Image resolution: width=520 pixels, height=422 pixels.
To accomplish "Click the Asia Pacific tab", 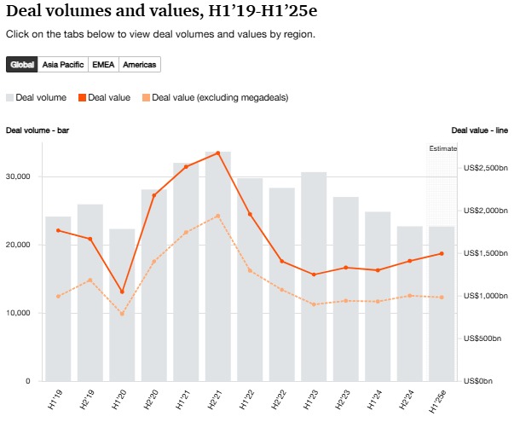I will coord(62,65).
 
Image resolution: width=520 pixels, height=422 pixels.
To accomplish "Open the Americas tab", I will coord(139,65).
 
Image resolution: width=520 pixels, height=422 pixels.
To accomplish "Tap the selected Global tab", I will coord(22,65).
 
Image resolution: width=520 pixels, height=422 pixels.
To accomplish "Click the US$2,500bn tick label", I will coord(485,168).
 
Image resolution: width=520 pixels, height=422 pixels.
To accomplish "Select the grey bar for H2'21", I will coord(218,273).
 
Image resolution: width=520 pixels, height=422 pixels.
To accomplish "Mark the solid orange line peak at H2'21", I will coord(218,153).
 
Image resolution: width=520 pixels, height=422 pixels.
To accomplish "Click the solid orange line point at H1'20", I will coord(122,292).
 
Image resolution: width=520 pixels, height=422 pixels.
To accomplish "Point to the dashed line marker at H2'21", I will coord(218,216).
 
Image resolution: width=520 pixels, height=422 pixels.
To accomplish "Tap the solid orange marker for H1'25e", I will coord(442,253).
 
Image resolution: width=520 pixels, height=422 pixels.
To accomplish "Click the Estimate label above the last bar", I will coord(442,148).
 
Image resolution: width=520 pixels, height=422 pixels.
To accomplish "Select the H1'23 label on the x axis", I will coord(313,396).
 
